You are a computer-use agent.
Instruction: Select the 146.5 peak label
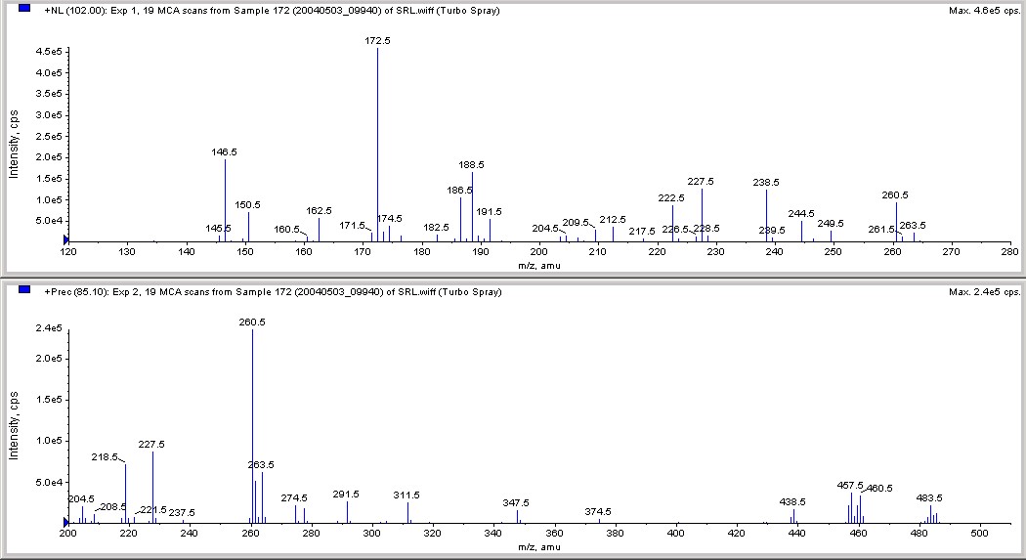(225, 152)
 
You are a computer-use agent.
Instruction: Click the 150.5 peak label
(248, 205)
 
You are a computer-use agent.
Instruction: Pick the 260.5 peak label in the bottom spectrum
(252, 323)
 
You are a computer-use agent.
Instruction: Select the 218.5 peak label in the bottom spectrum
(105, 456)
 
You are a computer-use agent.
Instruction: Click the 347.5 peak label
(517, 502)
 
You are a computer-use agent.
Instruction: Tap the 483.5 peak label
(929, 498)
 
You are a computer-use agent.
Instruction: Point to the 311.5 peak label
(407, 495)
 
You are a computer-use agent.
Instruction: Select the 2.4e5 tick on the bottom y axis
(48, 328)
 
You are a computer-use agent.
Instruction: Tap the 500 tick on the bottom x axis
(978, 534)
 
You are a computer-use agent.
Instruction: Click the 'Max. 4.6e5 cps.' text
(983, 10)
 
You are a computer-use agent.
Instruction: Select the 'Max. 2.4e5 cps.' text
(983, 291)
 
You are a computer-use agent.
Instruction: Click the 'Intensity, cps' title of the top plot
(14, 143)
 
